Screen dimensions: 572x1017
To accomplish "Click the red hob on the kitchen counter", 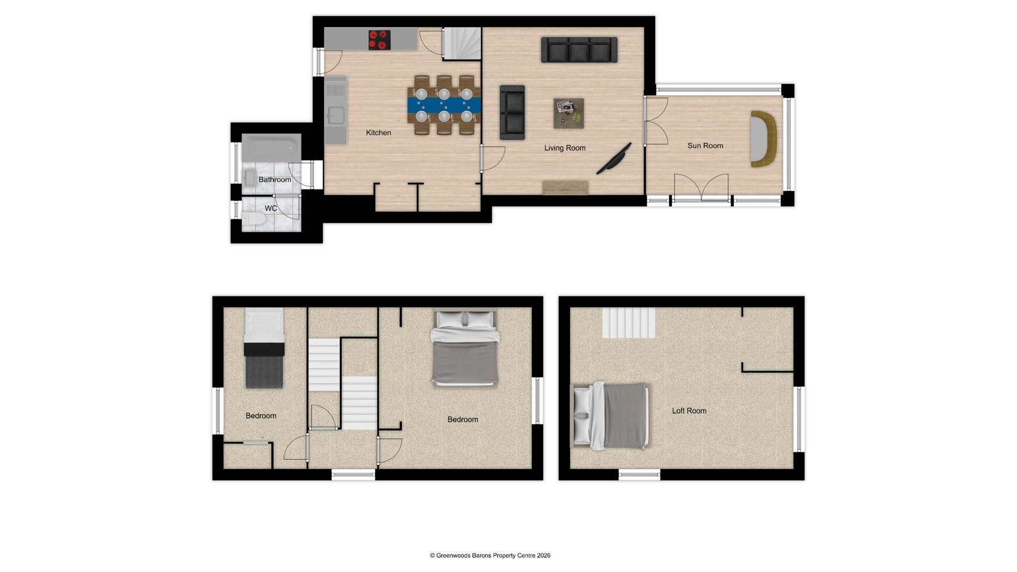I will click(x=379, y=40).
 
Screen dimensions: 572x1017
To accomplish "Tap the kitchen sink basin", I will click(x=336, y=115).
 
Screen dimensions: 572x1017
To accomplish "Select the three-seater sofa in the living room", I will click(x=579, y=50).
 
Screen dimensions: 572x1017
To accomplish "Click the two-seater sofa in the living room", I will click(x=512, y=112).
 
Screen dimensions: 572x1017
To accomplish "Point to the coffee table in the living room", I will click(x=569, y=113).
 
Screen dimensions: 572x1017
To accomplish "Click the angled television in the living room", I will click(x=614, y=158).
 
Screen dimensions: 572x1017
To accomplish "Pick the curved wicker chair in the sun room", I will click(x=763, y=139).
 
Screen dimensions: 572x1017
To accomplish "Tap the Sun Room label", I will click(x=705, y=146).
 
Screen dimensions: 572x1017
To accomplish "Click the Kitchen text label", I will click(x=378, y=132).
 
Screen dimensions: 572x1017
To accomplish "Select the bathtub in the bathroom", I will click(x=271, y=147).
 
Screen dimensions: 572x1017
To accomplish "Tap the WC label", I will click(x=271, y=208).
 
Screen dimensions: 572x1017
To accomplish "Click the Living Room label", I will click(x=565, y=148).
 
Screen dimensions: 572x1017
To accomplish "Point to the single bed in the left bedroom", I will click(x=264, y=350).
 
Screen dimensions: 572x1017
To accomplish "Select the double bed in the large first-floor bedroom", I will click(x=465, y=348).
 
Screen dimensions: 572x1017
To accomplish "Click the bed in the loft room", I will click(x=610, y=416).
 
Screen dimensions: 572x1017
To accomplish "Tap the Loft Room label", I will click(x=689, y=410).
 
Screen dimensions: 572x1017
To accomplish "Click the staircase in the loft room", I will click(x=629, y=323).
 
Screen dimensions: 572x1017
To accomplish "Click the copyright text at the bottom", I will click(x=490, y=556).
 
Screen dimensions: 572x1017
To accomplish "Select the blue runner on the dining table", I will click(x=444, y=104).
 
